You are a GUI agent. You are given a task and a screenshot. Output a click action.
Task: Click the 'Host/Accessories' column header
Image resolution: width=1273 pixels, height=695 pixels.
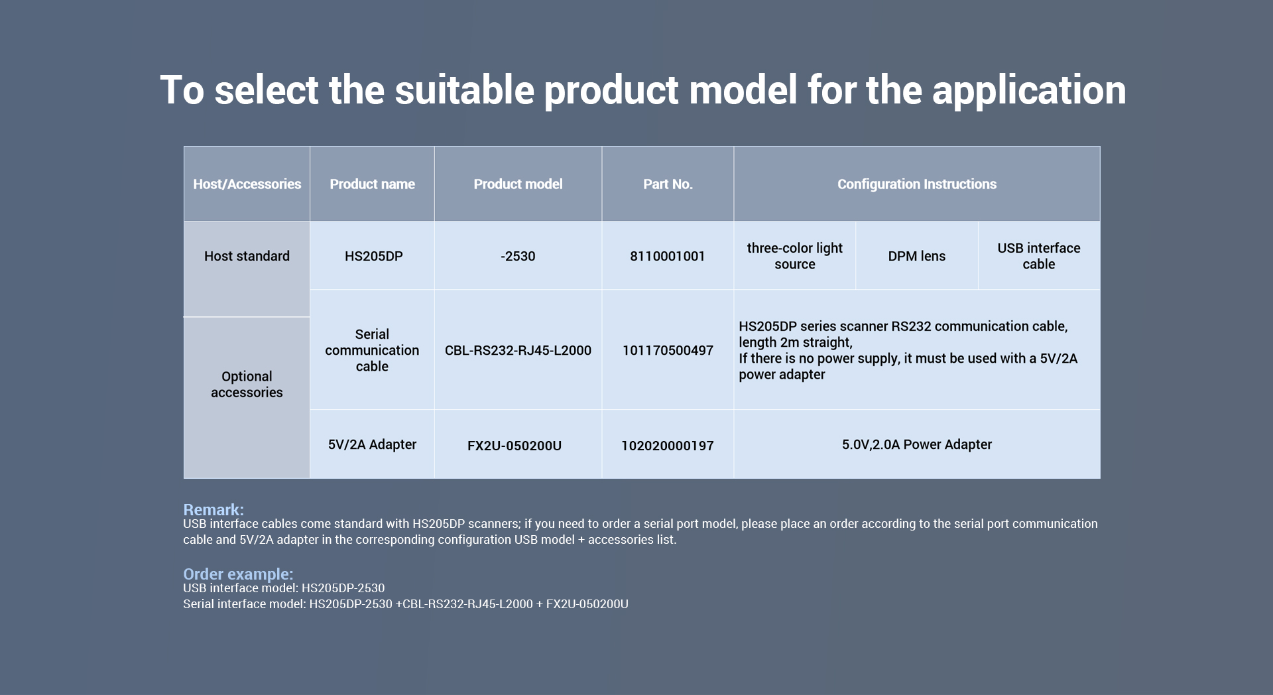247,184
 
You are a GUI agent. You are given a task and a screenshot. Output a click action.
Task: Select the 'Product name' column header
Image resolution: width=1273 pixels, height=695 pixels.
372,184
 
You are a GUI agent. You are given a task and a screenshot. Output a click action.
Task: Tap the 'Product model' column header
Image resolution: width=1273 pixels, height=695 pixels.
518,184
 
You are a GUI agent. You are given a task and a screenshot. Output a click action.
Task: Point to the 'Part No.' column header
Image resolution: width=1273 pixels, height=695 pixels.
668,184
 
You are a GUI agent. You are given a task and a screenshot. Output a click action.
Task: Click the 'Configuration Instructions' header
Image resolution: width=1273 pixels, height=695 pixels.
917,184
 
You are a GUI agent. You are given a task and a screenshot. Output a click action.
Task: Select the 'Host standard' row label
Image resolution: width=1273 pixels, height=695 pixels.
247,256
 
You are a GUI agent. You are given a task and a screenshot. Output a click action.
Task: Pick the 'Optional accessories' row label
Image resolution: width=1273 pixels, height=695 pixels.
247,385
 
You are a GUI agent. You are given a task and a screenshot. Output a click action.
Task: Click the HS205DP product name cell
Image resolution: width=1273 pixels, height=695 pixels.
373,256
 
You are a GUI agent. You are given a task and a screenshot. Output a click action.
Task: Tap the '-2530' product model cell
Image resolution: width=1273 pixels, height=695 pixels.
518,256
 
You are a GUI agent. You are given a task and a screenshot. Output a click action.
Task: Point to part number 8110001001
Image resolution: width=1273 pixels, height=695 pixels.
668,256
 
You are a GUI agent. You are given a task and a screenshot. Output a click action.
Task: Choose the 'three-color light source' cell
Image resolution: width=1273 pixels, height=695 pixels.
794,256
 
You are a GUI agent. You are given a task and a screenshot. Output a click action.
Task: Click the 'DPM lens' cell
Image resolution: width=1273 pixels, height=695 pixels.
916,256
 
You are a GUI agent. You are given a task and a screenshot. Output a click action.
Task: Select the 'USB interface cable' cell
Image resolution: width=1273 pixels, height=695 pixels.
1038,256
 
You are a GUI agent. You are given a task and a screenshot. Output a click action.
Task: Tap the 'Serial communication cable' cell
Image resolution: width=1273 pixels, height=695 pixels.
372,350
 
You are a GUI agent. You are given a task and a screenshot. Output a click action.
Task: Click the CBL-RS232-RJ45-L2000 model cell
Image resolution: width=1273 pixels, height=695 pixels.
518,350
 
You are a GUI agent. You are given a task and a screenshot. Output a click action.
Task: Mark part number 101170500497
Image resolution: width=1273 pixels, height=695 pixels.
668,350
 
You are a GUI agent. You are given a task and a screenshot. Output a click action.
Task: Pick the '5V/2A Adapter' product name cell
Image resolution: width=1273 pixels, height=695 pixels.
372,444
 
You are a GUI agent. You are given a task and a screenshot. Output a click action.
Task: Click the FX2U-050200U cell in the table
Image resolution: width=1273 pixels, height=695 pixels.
515,446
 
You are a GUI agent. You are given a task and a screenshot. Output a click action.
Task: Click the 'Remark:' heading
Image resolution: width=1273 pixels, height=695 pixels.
213,509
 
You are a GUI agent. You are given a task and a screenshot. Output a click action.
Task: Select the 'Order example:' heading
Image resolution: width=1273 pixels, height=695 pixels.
238,574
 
